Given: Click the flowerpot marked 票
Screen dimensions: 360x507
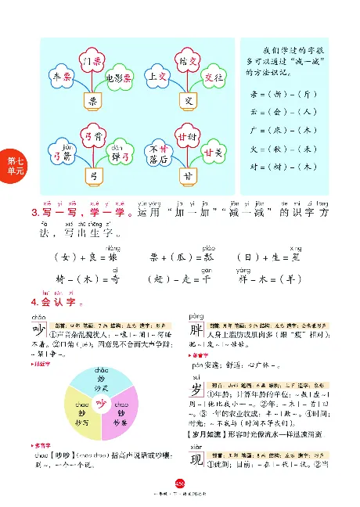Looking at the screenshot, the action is pos(92,101).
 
